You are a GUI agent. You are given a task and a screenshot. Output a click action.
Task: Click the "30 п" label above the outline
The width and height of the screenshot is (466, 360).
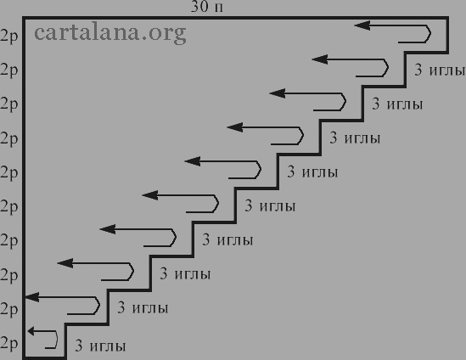coord(207,7)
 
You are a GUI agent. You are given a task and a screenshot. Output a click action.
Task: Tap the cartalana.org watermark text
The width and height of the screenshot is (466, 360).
coord(110,33)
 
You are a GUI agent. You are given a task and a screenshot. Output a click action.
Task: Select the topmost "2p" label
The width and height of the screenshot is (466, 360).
coord(9,37)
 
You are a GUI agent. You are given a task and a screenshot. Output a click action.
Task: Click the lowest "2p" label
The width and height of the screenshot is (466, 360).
coord(9,344)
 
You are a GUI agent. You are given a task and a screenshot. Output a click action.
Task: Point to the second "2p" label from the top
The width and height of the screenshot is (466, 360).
coord(9,70)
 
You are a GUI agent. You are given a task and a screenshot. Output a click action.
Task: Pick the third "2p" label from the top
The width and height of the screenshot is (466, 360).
coord(9,104)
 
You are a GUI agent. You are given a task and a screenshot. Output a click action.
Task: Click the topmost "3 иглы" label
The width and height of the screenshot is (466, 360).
coord(440,70)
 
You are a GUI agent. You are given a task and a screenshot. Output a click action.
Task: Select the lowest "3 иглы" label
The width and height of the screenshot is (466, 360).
coord(100,346)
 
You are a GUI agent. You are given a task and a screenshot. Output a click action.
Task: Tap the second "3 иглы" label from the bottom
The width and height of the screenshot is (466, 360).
coord(143,307)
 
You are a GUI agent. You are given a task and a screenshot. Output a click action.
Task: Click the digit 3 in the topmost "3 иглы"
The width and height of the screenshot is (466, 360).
coord(418,70)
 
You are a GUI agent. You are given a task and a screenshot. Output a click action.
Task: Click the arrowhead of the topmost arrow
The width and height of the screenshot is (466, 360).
coord(362,25)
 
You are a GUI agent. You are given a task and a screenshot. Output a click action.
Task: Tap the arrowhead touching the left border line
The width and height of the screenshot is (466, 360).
coord(32,297)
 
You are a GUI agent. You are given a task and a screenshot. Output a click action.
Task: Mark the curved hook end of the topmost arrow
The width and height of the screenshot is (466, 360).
coord(429,34)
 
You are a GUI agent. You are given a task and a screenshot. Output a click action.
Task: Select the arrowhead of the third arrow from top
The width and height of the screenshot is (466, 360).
coord(278,93)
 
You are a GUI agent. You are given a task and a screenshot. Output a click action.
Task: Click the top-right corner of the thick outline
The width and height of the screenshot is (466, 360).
coord(447,18)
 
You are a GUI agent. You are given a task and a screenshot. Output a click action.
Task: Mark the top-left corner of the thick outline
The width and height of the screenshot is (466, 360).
coord(24,18)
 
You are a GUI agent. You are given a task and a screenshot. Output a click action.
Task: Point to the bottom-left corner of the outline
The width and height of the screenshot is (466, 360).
coord(24,357)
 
